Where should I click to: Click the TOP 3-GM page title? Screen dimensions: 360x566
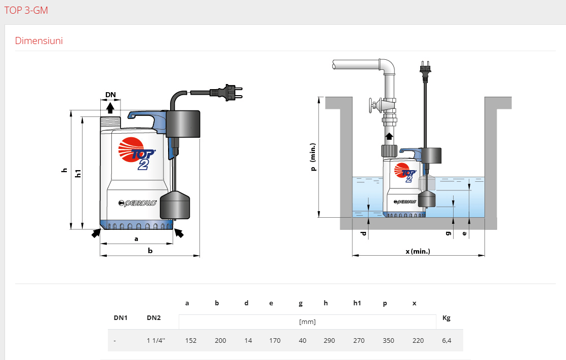26,10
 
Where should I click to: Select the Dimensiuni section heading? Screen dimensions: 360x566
39,41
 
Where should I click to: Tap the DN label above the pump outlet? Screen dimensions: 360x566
110,95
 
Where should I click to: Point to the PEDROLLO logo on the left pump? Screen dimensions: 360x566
137,203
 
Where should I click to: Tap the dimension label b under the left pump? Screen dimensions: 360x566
150,250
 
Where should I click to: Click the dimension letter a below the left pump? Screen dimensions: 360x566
136,238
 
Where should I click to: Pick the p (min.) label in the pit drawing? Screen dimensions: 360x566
313,157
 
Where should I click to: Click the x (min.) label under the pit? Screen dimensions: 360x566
418,251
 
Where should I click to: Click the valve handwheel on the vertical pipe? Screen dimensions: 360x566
373,106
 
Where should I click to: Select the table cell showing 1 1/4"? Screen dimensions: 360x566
153,341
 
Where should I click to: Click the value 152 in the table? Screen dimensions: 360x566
190,341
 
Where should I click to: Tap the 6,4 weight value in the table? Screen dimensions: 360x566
446,341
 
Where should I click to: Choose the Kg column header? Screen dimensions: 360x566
446,318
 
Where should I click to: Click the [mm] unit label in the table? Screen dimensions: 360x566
307,322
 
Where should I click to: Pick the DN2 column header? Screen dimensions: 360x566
153,318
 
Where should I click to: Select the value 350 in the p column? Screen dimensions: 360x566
388,341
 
